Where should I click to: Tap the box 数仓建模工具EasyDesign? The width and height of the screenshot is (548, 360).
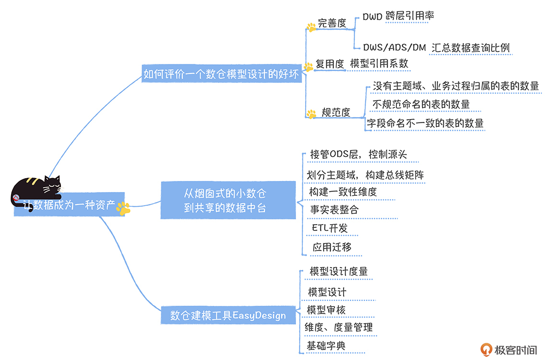point(228,315)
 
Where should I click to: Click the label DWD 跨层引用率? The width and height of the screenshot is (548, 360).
point(398,16)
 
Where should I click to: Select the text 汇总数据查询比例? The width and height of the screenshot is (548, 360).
point(470,48)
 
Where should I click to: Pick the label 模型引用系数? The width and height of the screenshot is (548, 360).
point(379,63)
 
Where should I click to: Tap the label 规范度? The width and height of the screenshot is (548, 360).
point(336,112)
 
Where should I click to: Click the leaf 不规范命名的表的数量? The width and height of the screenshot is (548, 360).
point(421,104)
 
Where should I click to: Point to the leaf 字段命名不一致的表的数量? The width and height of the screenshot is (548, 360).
point(425,123)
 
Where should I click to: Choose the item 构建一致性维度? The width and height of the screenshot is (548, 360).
point(343,192)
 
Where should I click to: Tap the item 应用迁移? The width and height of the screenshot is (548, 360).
point(332,247)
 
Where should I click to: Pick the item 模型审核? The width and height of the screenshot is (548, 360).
point(326,310)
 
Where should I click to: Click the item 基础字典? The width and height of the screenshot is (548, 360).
point(326,346)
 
